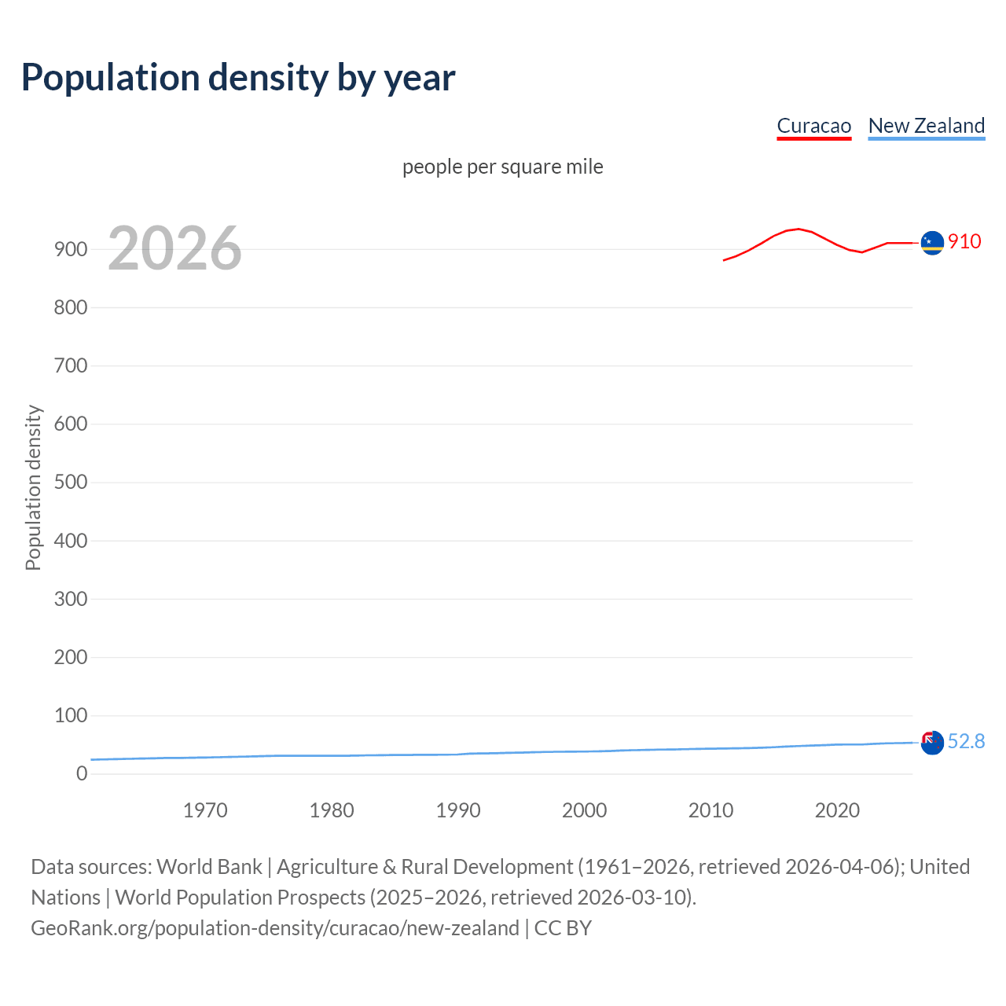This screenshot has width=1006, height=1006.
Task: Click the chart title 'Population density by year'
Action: click(238, 78)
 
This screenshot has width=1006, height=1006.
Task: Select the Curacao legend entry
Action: click(813, 126)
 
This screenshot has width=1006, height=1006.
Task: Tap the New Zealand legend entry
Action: click(926, 126)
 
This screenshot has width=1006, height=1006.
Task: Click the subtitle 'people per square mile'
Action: click(502, 167)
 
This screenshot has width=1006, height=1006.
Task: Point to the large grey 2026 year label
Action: click(174, 248)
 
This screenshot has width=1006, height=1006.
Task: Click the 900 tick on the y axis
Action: click(70, 249)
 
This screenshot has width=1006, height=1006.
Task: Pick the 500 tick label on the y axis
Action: click(70, 482)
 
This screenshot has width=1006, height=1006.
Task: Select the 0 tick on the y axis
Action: click(82, 773)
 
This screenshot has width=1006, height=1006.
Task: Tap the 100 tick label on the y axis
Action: click(70, 715)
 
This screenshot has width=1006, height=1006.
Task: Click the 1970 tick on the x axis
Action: click(205, 810)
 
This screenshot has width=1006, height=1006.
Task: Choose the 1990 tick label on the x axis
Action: click(458, 810)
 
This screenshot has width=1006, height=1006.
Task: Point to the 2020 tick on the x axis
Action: click(837, 810)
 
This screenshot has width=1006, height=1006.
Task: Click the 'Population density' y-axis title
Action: click(33, 487)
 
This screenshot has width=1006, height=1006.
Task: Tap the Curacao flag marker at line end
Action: click(932, 243)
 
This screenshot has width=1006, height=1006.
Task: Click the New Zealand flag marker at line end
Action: click(932, 742)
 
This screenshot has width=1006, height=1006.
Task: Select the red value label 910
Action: click(964, 241)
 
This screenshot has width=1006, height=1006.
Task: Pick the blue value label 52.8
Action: click(966, 741)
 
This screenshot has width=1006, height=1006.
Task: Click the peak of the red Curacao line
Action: click(799, 229)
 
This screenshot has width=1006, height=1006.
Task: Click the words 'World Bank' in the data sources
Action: click(209, 866)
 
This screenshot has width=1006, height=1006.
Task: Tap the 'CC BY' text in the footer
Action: click(563, 927)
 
